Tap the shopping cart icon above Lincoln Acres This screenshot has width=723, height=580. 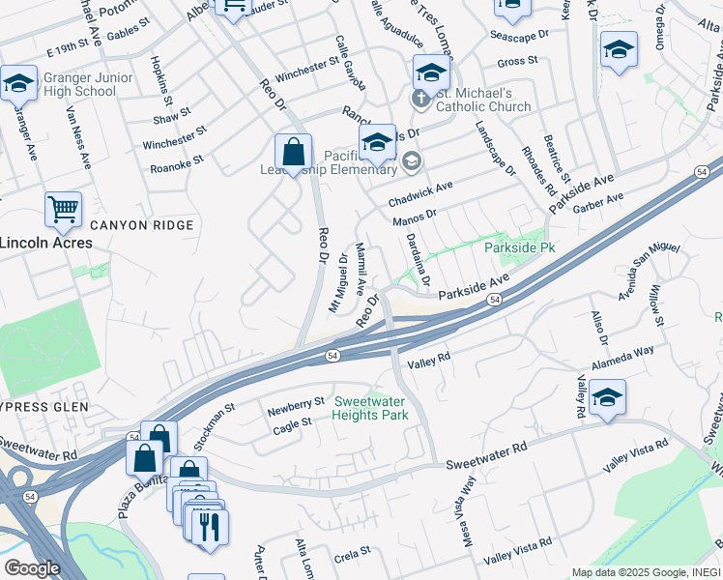(x=63, y=208)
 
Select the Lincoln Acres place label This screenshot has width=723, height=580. (x=45, y=243)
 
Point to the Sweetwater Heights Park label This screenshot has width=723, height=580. (x=369, y=408)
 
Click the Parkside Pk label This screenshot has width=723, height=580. (x=519, y=247)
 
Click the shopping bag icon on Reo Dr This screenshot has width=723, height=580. (x=293, y=153)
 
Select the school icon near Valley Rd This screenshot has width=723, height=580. (x=607, y=396)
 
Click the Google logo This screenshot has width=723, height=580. (x=32, y=568)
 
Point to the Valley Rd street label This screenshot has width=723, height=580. (x=430, y=361)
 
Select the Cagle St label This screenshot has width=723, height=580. (x=292, y=422)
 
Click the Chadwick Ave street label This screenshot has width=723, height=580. (x=420, y=195)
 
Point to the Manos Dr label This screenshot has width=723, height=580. (x=416, y=219)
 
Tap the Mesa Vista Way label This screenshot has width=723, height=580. (x=463, y=518)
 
